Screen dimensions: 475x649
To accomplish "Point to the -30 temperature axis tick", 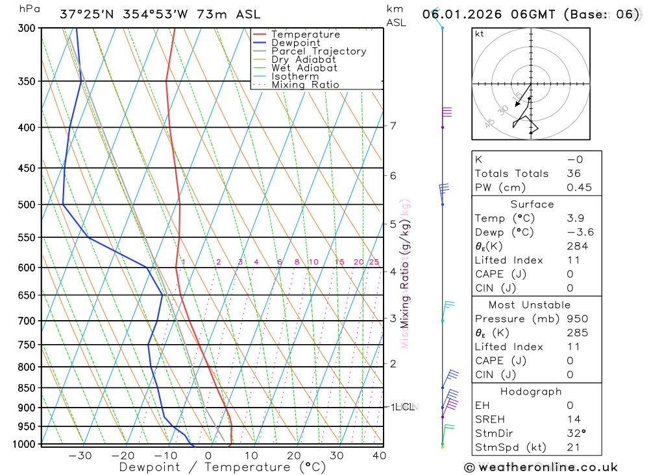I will tap(80, 455).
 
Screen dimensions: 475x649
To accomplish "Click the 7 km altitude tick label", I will tap(393, 126).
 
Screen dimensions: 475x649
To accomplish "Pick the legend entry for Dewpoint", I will tap(296, 43).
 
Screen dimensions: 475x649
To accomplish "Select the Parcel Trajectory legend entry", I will tap(319, 51).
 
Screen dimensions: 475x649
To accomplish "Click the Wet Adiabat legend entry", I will tap(304, 68).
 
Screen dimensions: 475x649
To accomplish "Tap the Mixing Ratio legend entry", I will tap(305, 85).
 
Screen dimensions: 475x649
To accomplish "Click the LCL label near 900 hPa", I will tap(404, 407).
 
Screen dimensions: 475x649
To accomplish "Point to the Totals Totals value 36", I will tap(574, 174).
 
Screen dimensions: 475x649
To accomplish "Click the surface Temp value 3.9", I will tap(575, 218).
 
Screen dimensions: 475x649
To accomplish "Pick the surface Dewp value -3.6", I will tap(580, 232).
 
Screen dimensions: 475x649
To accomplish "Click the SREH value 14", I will tap(574, 419).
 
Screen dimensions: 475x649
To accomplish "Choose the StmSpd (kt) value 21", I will tap(573, 447).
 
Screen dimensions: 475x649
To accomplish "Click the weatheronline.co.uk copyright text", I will tap(541, 467).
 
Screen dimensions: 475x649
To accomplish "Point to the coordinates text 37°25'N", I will tap(86, 14).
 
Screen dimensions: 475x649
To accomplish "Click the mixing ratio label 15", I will tap(339, 262).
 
